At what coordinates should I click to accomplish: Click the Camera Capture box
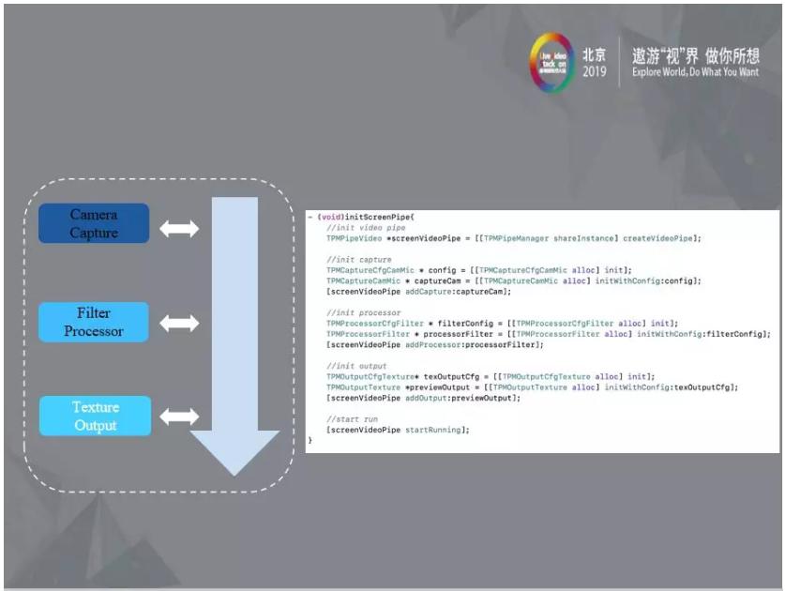pos(94,223)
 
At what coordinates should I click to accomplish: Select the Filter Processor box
pos(94,322)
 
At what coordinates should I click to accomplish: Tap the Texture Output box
pos(95,416)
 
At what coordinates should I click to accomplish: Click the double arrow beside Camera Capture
pos(179,228)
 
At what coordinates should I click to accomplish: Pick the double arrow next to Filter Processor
pos(179,323)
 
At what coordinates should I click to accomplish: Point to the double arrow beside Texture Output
pos(179,416)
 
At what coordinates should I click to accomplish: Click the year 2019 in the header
pos(595,72)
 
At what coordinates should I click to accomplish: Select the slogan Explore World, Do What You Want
pos(695,72)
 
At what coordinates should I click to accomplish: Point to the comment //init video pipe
pos(366,227)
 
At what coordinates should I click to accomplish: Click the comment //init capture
pos(358,259)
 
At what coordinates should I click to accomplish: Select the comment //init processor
pos(364,312)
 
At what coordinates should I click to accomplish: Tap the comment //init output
pos(356,366)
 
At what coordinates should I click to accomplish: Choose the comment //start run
pos(355,418)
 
